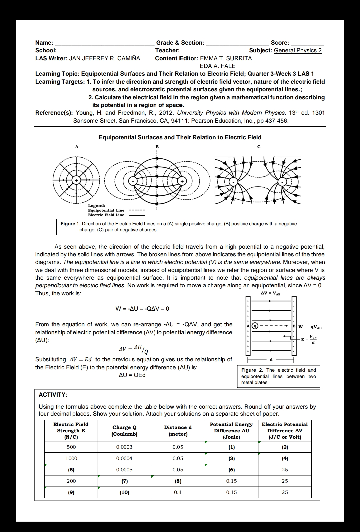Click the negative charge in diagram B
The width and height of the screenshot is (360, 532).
pyautogui.click(x=133, y=181)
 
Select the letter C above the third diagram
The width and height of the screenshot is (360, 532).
pyautogui.click(x=259, y=147)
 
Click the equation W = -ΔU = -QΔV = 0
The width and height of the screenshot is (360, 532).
pyautogui.click(x=142, y=309)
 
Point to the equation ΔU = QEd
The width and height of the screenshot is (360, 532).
pyautogui.click(x=132, y=375)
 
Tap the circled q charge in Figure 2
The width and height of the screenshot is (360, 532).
pyautogui.click(x=255, y=326)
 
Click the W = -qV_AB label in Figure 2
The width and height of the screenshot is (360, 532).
pyautogui.click(x=310, y=327)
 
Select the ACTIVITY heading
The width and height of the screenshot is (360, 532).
pyautogui.click(x=53, y=395)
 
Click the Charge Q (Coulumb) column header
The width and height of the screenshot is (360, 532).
pyautogui.click(x=124, y=430)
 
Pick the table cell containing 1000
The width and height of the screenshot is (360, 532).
pyautogui.click(x=71, y=458)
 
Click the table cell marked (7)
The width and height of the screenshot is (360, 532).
pyautogui.click(x=124, y=481)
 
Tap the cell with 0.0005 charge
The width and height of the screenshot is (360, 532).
pyautogui.click(x=124, y=470)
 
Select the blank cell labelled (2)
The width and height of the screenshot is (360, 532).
pyautogui.click(x=285, y=447)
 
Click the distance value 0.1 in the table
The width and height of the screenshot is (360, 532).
pyautogui.click(x=178, y=492)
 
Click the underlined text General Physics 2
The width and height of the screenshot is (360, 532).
pyautogui.click(x=298, y=50)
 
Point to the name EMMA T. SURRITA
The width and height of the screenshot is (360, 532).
pyautogui.click(x=226, y=58)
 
